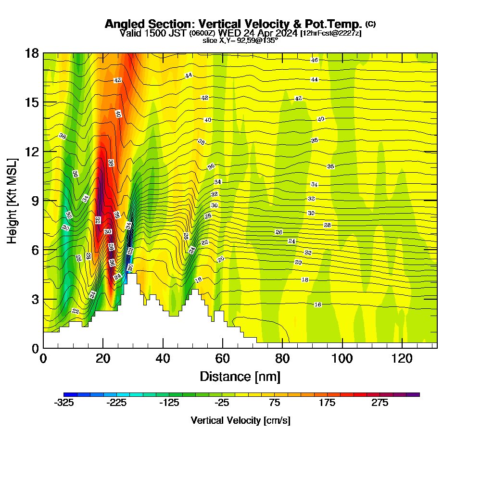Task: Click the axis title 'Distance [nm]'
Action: pos(240,376)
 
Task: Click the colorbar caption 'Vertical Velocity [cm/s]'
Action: pos(240,420)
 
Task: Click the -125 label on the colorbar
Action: pos(169,403)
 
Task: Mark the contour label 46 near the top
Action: pos(315,60)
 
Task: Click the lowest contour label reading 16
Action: pos(317,304)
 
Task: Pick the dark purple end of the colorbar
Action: pos(416,394)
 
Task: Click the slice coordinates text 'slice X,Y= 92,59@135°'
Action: pos(240,41)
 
